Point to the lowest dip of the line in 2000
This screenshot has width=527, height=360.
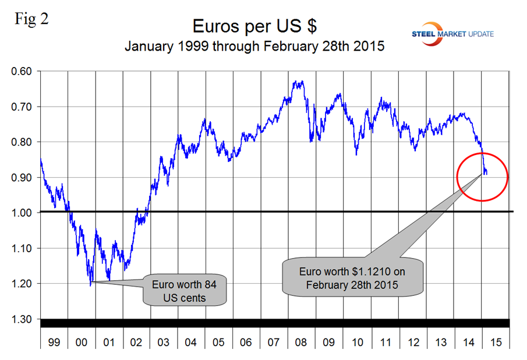[91, 285]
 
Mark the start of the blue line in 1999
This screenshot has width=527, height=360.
[41, 159]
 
